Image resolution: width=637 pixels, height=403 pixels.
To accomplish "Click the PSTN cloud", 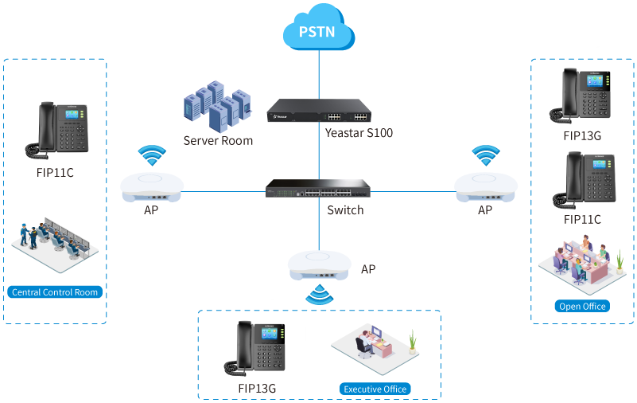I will tap(318, 33).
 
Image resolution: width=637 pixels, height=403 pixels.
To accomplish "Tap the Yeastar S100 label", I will tap(359, 133).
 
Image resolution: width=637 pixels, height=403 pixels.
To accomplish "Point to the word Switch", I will tap(345, 210).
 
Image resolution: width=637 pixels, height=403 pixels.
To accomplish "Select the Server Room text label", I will tap(218, 141).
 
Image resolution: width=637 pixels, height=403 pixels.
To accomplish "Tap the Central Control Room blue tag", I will tap(55, 292).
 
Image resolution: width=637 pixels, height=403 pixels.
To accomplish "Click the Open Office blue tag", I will tap(582, 306).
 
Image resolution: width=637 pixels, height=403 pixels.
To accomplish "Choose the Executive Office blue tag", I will tap(375, 389).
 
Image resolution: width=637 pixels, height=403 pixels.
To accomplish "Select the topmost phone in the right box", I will tap(585, 95).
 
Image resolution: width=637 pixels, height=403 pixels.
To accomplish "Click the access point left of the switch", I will tap(151, 188).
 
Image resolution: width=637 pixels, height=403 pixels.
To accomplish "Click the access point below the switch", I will tap(318, 265).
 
